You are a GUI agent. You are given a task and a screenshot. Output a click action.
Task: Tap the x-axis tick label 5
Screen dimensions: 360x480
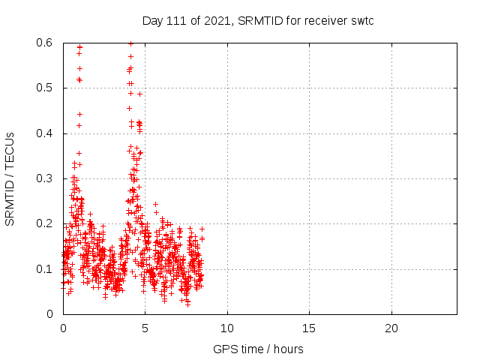click(145, 328)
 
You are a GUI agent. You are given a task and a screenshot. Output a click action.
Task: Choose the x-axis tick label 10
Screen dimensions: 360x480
click(226, 328)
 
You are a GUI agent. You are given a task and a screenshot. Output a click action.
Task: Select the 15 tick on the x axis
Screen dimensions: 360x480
click(309, 328)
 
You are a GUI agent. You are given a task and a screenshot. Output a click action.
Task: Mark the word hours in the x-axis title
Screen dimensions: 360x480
click(289, 349)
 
